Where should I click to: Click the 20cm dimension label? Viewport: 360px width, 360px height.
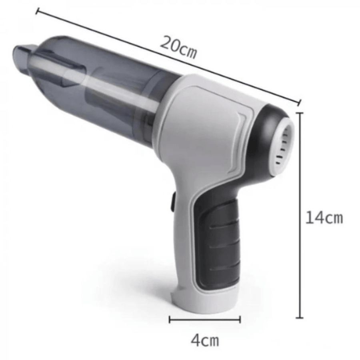(178, 47)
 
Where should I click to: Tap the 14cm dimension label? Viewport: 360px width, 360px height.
(324, 218)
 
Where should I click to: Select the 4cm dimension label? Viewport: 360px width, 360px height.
(205, 340)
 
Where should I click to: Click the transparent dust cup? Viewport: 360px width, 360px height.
(96, 87)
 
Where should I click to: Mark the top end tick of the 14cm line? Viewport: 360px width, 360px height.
(300, 113)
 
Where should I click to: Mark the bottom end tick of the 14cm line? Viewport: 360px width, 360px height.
(299, 318)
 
